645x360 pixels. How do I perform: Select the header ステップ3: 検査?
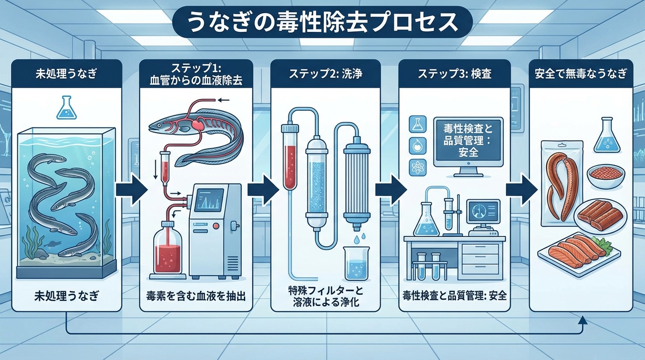click(454, 74)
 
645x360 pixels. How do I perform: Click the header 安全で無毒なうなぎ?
click(581, 74)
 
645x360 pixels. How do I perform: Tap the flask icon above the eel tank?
click(65, 107)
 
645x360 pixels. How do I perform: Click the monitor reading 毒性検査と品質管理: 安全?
click(462, 141)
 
